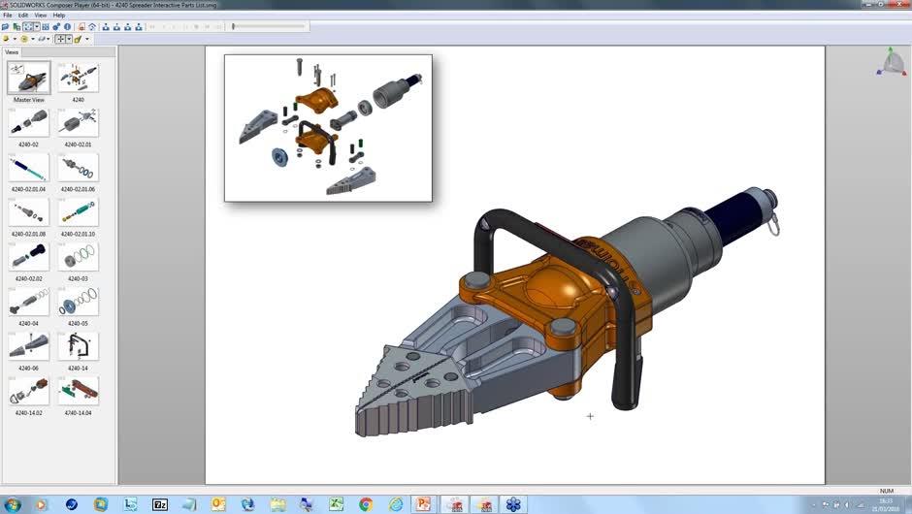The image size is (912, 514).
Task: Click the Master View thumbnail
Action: point(28,78)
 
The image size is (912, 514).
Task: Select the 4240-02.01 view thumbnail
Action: point(78,122)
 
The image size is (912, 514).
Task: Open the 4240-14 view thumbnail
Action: point(78,345)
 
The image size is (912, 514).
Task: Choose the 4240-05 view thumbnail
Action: point(78,301)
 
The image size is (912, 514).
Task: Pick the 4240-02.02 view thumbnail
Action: point(28,256)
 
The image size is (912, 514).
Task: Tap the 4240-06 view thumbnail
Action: point(28,345)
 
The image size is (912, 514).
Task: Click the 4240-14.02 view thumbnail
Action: point(28,390)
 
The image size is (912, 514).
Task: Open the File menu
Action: point(8,16)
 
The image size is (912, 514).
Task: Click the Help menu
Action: point(59,16)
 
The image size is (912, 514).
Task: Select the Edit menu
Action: point(23,16)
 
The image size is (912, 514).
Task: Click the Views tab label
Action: point(12,52)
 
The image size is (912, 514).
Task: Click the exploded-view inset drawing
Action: point(328,127)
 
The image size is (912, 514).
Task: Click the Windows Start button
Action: point(13,504)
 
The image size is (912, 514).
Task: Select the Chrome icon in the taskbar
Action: point(366,504)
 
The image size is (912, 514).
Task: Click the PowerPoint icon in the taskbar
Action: point(423,504)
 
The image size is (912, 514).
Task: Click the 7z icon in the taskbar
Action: point(160,504)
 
